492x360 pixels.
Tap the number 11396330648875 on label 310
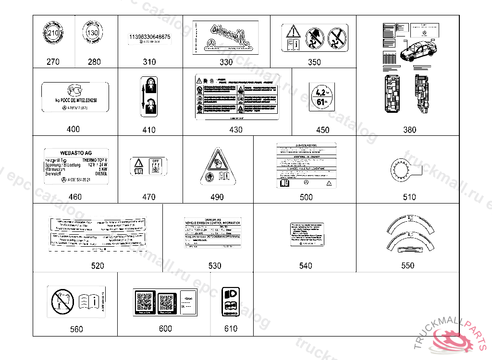149,36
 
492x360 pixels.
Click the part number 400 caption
74,130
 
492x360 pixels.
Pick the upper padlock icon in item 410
149,85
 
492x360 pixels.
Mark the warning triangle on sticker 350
293,33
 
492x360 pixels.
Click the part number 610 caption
231,329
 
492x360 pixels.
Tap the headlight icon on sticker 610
231,294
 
